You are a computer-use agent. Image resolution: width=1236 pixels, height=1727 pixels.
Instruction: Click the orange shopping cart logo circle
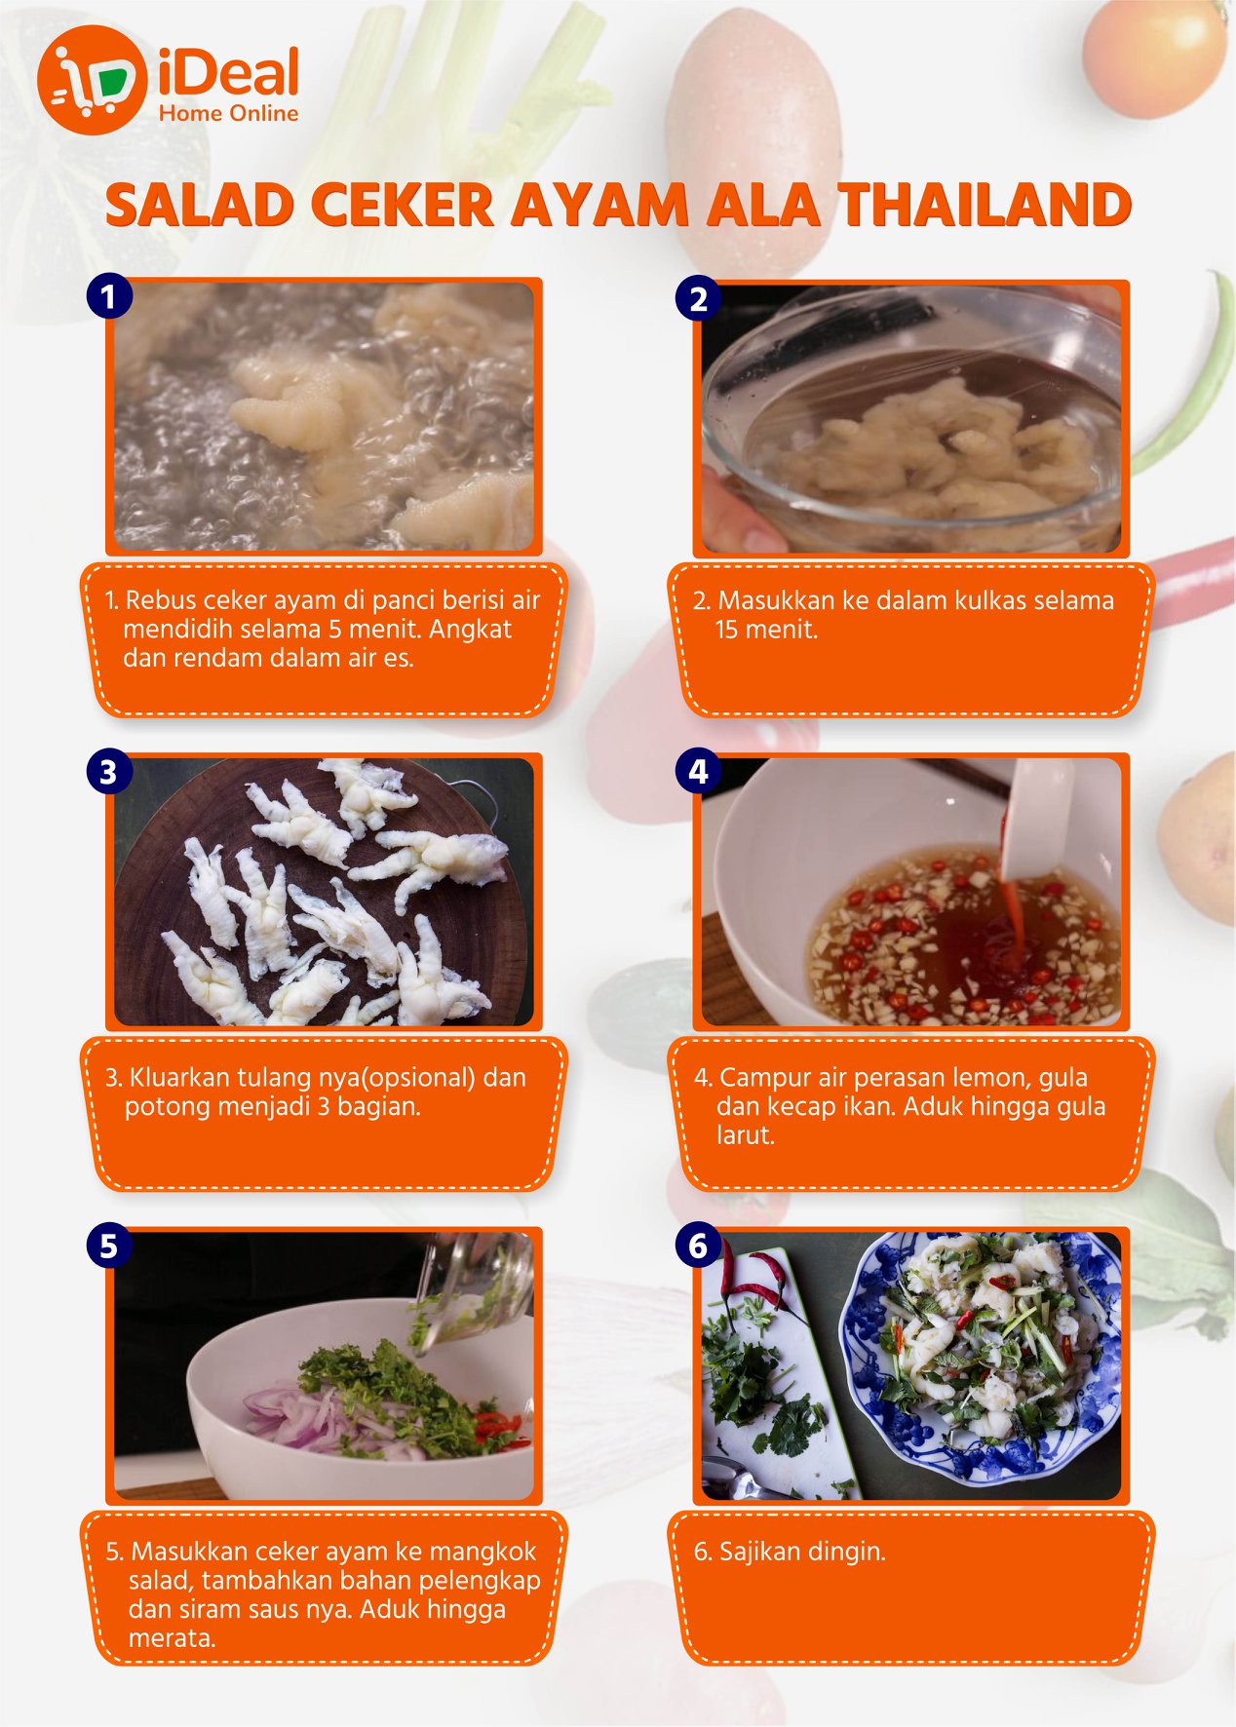92,80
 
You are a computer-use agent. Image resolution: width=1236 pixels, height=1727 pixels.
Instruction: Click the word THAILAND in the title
985,206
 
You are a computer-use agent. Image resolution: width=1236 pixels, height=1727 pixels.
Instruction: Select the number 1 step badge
108,296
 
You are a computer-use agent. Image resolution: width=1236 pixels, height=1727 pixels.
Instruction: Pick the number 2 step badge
698,298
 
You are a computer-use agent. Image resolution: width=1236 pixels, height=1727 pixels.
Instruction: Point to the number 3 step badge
108,772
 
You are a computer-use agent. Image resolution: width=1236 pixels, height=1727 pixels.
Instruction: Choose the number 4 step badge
698,772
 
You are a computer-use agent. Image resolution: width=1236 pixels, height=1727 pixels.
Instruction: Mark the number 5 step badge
108,1246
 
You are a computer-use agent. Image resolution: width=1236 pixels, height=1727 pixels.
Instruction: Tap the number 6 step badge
698,1246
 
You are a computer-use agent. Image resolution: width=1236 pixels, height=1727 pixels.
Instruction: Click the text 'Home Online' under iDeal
228,113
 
